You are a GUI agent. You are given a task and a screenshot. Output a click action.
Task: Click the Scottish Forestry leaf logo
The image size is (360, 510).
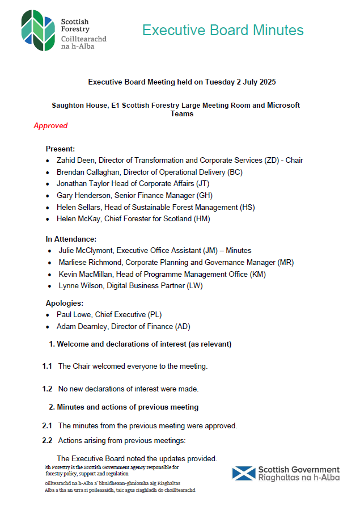[38, 30]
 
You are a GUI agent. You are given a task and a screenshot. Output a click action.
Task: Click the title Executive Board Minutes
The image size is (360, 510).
[223, 30]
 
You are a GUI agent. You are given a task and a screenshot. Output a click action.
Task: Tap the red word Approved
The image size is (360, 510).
[50, 126]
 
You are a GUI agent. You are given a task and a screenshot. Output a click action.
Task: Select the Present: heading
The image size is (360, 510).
[60, 149]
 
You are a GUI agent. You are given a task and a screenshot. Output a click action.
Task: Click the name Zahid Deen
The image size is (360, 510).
[75, 161]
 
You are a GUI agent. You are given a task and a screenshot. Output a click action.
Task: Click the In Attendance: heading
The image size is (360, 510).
[71, 239]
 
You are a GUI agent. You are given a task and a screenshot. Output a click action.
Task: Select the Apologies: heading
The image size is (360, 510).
[65, 304]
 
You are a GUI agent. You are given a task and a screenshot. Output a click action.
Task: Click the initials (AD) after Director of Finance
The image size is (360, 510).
[183, 326]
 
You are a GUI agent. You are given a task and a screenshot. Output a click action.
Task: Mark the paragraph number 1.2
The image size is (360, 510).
[47, 389]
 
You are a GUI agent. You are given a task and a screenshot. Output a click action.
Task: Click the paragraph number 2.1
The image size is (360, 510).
[47, 425]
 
